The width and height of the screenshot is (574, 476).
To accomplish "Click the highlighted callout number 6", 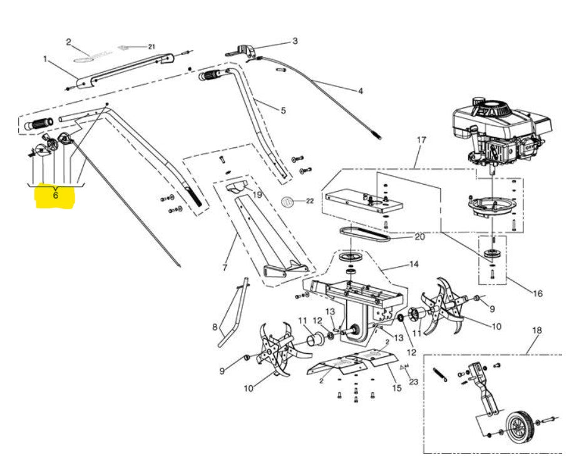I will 56,195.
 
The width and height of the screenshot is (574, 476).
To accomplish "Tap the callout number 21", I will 150,46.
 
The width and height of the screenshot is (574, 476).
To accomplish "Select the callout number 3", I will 295,42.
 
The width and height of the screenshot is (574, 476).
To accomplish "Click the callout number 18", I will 536,330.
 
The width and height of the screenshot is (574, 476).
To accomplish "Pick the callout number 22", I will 310,201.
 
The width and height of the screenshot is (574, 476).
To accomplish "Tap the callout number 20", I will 419,237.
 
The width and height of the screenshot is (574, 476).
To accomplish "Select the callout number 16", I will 536,292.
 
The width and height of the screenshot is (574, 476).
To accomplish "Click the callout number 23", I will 413,381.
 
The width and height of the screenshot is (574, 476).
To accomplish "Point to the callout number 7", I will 225,268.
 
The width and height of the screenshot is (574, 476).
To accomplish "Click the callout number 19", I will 257,195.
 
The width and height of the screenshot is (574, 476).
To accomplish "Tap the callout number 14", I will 413,264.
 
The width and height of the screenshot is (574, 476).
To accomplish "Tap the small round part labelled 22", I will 289,201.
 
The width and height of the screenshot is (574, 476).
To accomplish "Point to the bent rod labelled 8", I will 232,316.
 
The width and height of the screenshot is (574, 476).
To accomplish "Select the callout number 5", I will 283,111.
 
